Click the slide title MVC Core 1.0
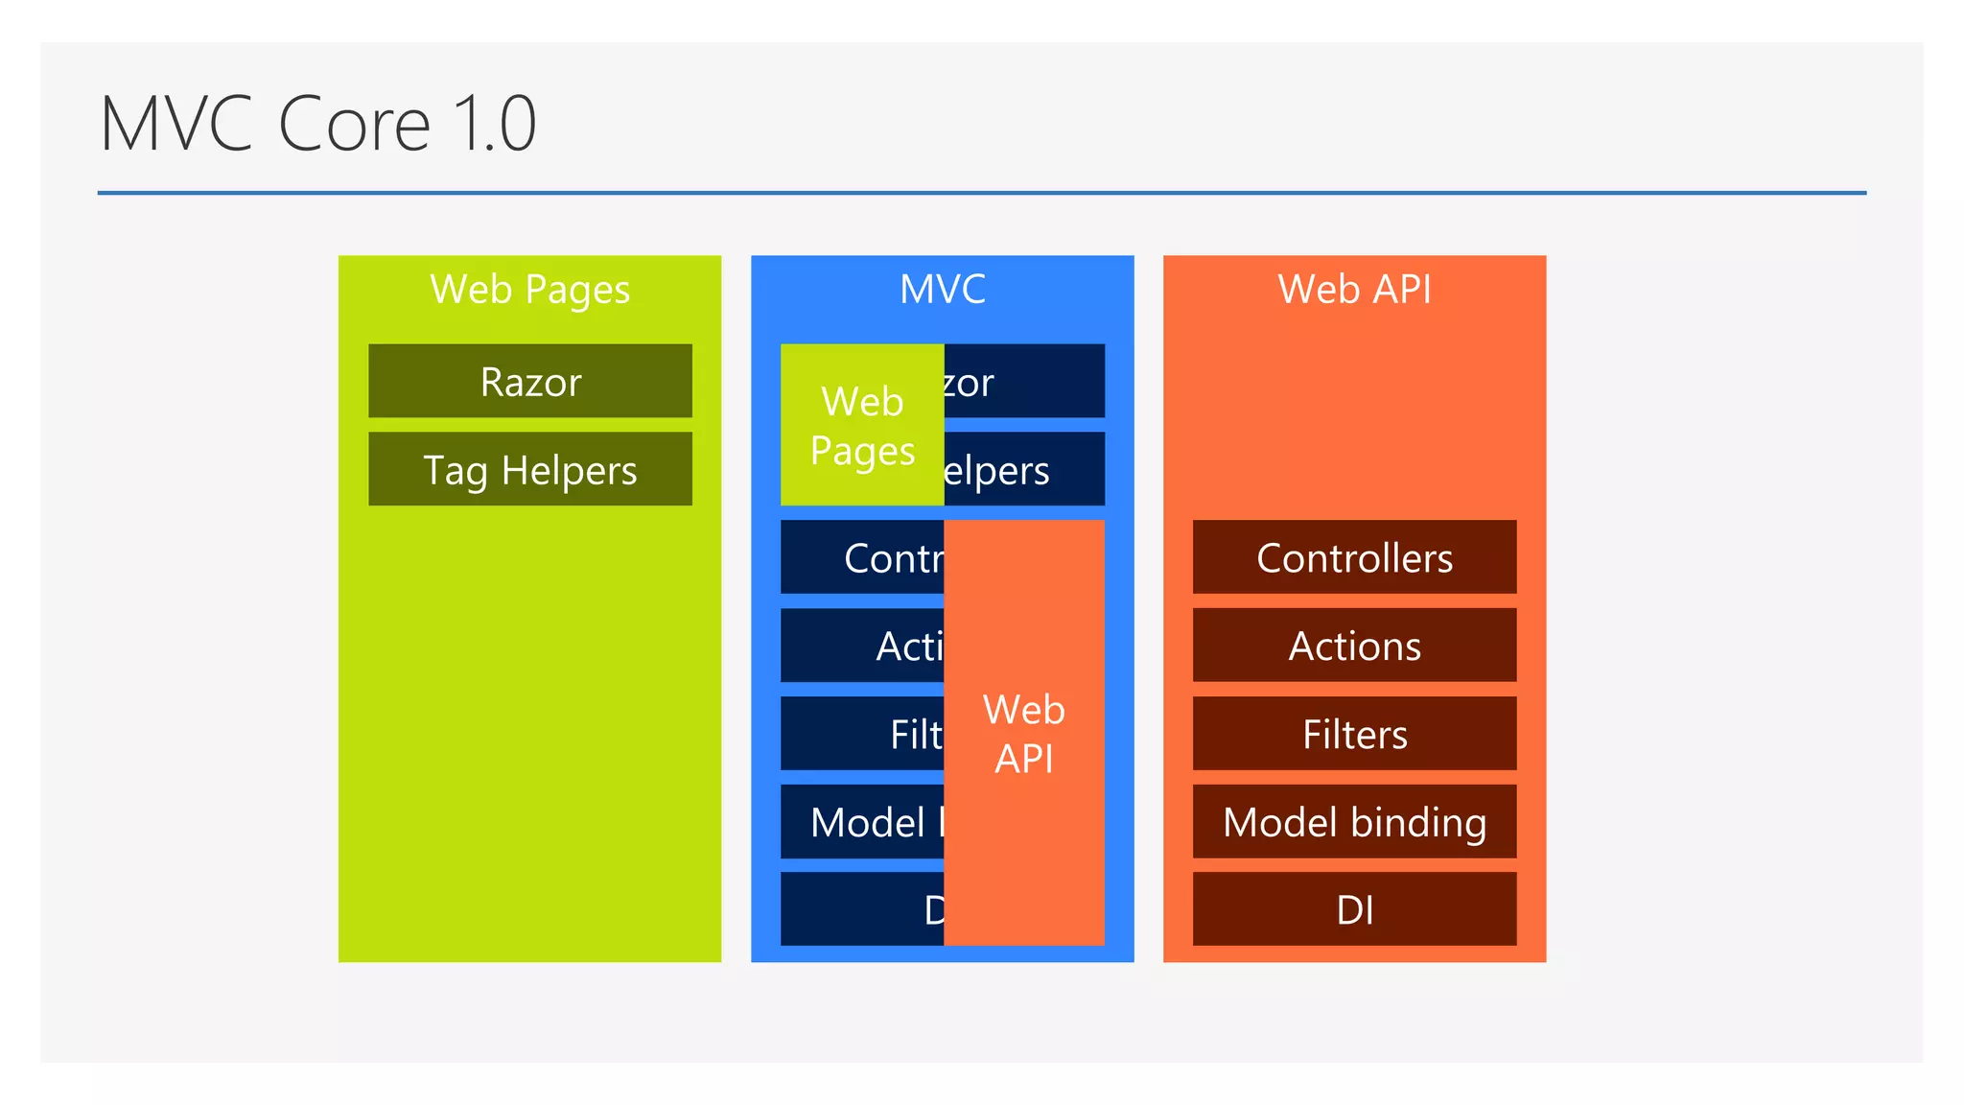[317, 124]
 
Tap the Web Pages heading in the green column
[529, 289]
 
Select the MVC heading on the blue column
[942, 289]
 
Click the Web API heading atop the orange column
[1354, 289]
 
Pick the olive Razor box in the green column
[529, 382]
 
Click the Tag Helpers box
[529, 470]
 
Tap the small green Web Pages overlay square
[861, 425]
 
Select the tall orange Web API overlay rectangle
[1023, 734]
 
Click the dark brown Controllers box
[1354, 557]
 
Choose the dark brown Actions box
[1354, 646]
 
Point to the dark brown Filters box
[1354, 734]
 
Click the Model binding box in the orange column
[1354, 822]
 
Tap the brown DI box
[1354, 909]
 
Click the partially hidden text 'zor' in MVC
[969, 383]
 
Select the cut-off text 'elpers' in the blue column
[997, 471]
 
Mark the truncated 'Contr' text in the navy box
[892, 558]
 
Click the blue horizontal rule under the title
[981, 193]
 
